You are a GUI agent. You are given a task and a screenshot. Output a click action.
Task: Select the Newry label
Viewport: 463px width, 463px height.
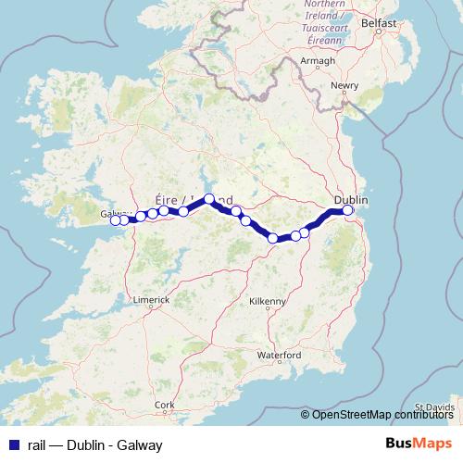(344, 86)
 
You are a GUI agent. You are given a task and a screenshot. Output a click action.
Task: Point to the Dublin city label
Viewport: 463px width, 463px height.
(351, 200)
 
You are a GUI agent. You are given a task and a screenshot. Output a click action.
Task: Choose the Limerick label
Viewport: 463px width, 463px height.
(151, 300)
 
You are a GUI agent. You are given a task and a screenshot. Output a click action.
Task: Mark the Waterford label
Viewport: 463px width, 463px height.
(280, 355)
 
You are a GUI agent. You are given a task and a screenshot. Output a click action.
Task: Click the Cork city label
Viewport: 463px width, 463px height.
(166, 405)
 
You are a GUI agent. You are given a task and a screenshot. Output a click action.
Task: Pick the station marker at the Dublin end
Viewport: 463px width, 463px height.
(348, 210)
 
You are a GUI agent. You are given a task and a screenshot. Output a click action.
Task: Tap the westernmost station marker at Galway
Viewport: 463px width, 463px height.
(116, 219)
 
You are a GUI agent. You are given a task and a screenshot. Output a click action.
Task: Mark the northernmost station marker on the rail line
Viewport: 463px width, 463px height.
(209, 199)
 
